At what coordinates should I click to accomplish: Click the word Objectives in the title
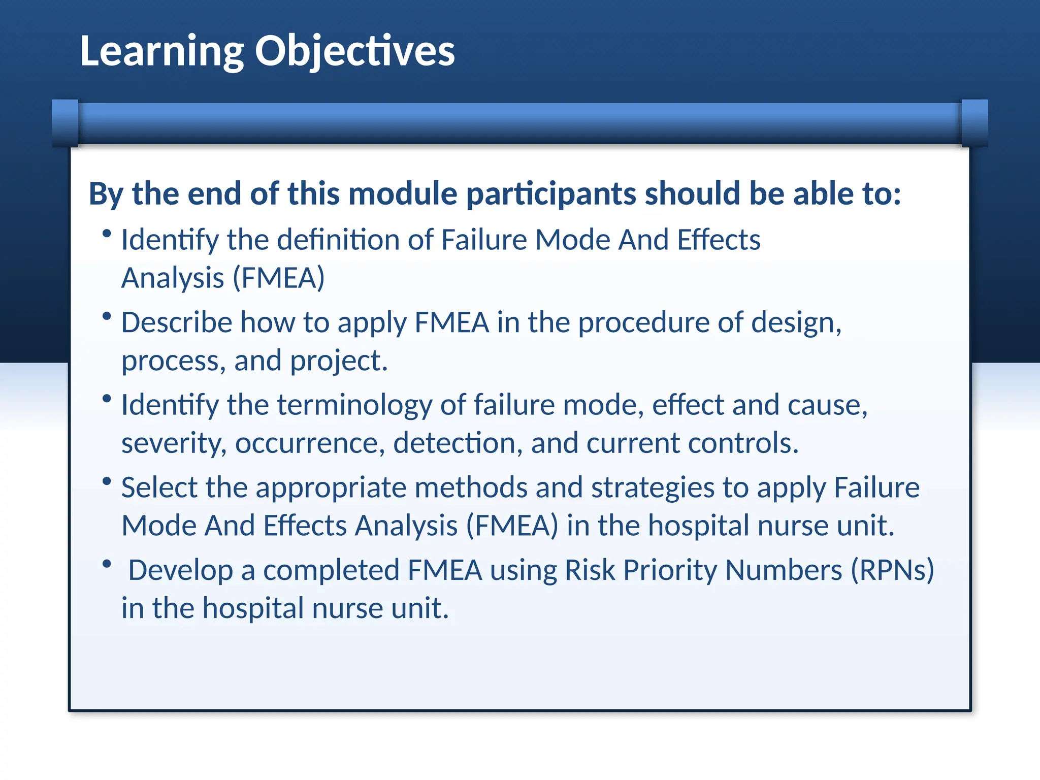tap(354, 51)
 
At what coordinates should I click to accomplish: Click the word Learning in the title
tap(161, 51)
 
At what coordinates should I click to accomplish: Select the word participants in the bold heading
tap(551, 194)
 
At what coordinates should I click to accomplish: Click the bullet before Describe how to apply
tap(107, 316)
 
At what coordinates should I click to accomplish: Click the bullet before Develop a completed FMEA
tap(107, 564)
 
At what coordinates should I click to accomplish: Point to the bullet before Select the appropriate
tap(107, 481)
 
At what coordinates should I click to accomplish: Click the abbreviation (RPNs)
tap(892, 570)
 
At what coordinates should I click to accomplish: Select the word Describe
tap(176, 322)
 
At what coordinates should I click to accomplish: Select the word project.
tap(339, 361)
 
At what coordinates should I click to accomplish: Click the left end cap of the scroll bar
tap(65, 123)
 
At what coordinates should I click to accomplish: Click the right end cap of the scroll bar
tap(974, 123)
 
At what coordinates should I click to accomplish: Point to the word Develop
tap(180, 570)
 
